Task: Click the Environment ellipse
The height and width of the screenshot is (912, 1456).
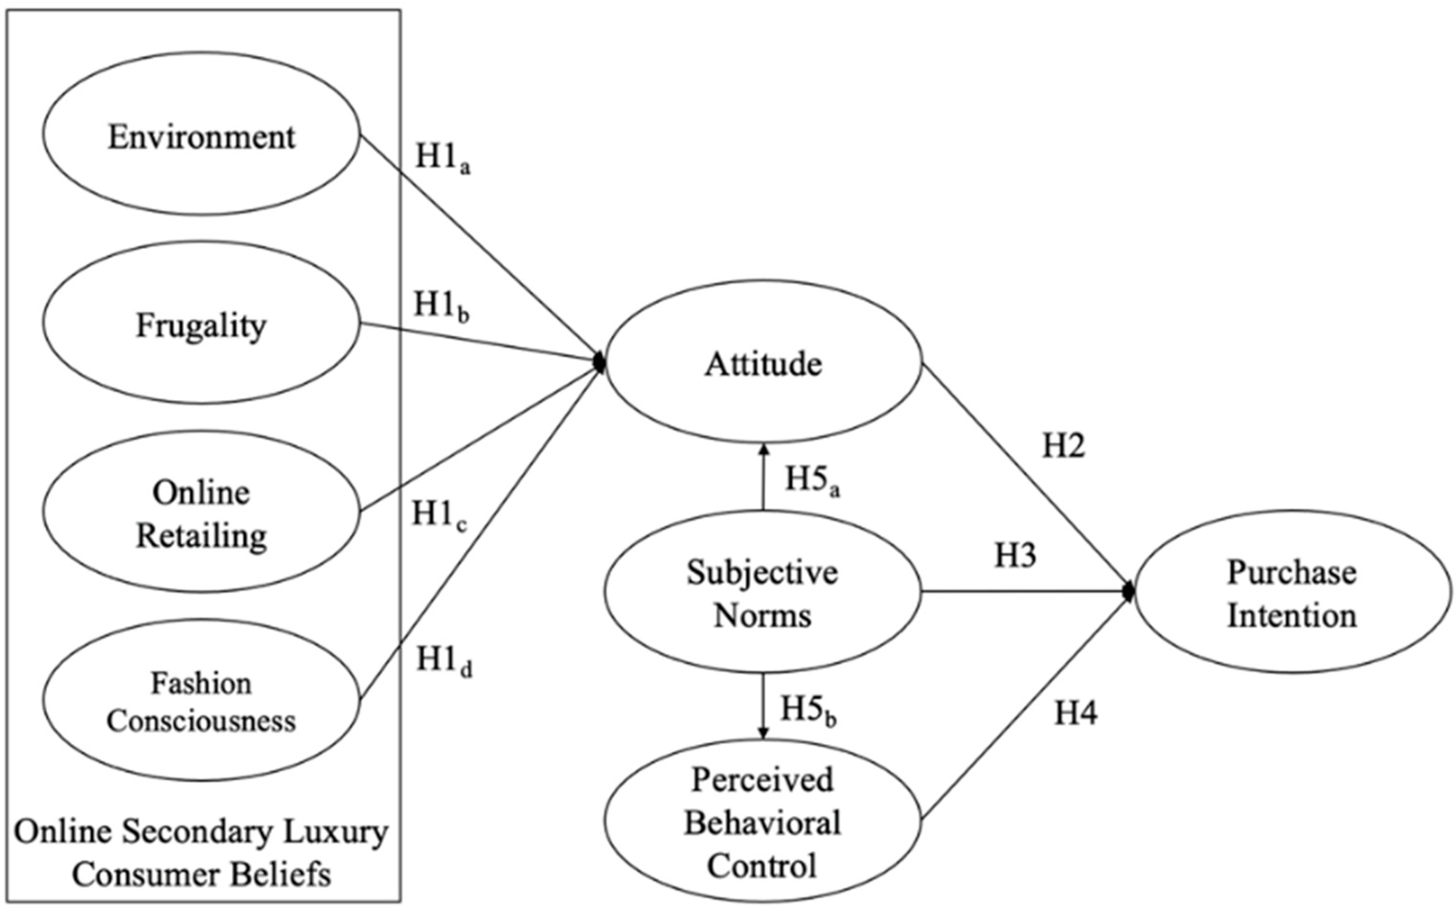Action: (201, 134)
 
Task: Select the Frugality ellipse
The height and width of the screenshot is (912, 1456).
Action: (201, 324)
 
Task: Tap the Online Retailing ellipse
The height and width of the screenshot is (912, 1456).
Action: (201, 512)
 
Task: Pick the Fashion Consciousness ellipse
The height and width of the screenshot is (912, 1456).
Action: (201, 701)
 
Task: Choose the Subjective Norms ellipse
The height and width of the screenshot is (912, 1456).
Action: (763, 592)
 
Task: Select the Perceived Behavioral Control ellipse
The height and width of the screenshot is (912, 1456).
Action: (763, 822)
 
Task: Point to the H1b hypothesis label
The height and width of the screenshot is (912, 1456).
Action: (441, 306)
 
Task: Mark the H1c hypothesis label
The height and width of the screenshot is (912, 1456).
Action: (439, 516)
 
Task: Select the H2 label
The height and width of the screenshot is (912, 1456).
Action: (1064, 447)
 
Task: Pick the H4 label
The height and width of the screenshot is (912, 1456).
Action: (1076, 713)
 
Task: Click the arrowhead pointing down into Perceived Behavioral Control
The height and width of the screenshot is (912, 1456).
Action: (763, 734)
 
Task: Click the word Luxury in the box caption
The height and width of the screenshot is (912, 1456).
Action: (344, 833)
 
